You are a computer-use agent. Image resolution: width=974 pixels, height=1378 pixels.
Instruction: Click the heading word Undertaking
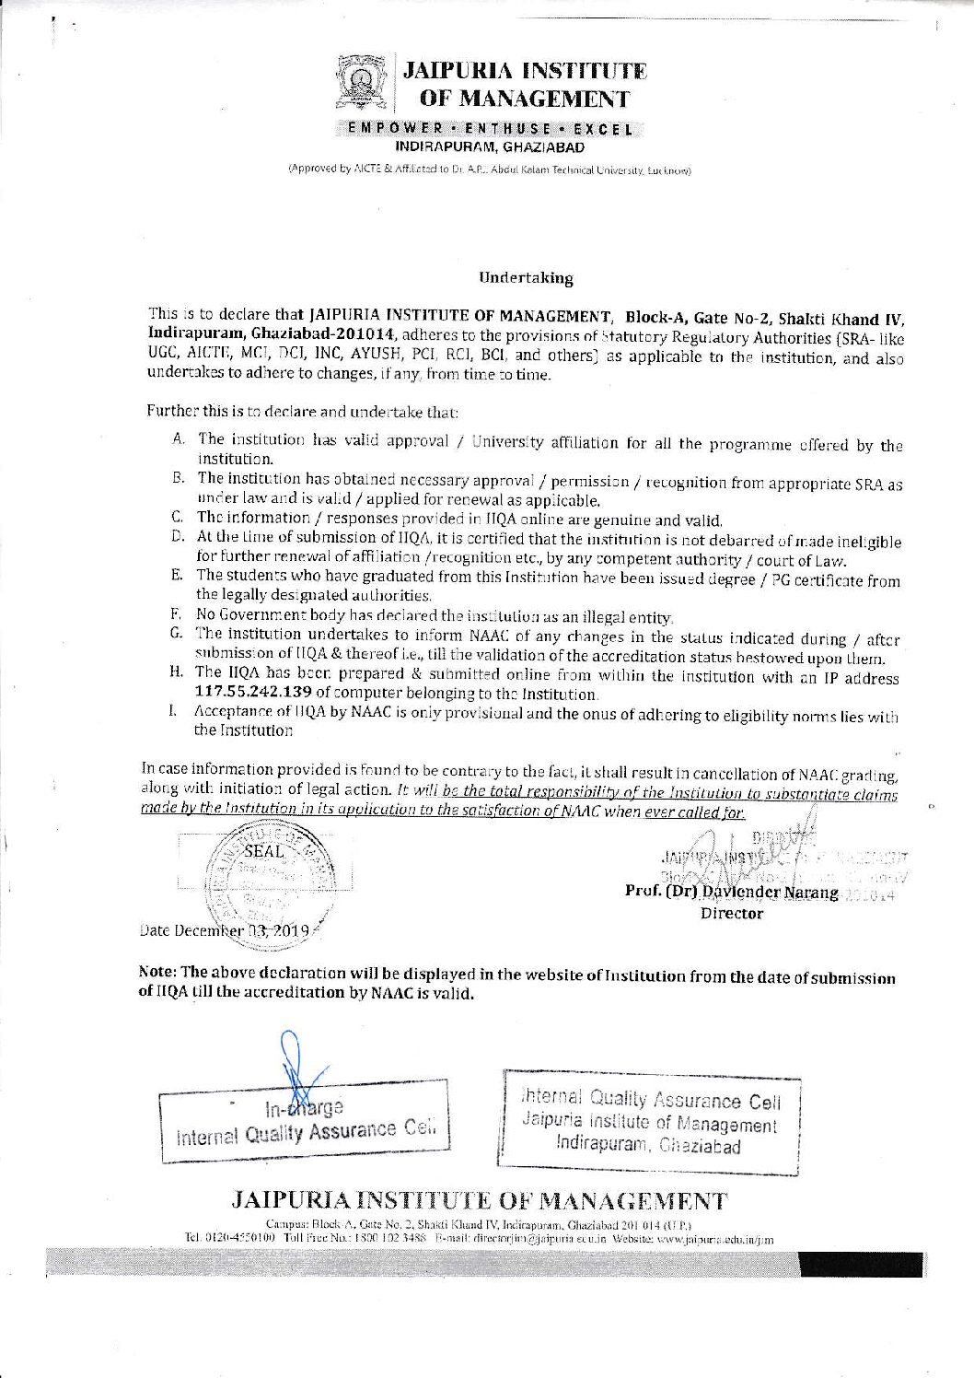(x=526, y=277)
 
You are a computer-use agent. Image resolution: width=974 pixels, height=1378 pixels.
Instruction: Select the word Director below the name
(x=732, y=914)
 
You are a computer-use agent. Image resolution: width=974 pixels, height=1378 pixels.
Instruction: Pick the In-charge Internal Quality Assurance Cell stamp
(x=304, y=1118)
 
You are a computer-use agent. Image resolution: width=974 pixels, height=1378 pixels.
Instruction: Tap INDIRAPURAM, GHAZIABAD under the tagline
(x=490, y=146)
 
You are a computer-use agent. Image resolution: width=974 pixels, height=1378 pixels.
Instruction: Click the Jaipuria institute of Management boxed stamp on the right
(x=649, y=1123)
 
